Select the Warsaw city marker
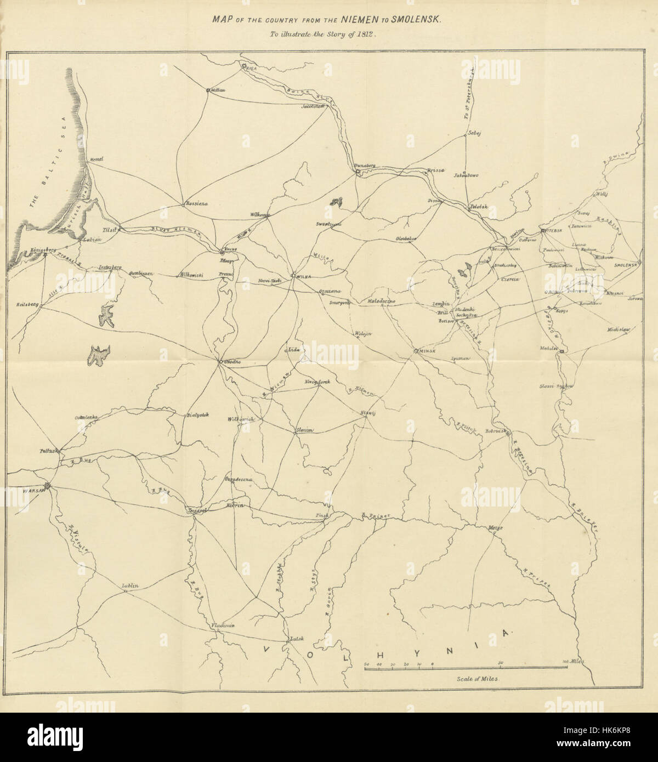48,485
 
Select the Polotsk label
479,207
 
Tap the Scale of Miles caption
476,678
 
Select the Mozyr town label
496,527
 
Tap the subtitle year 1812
370,33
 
